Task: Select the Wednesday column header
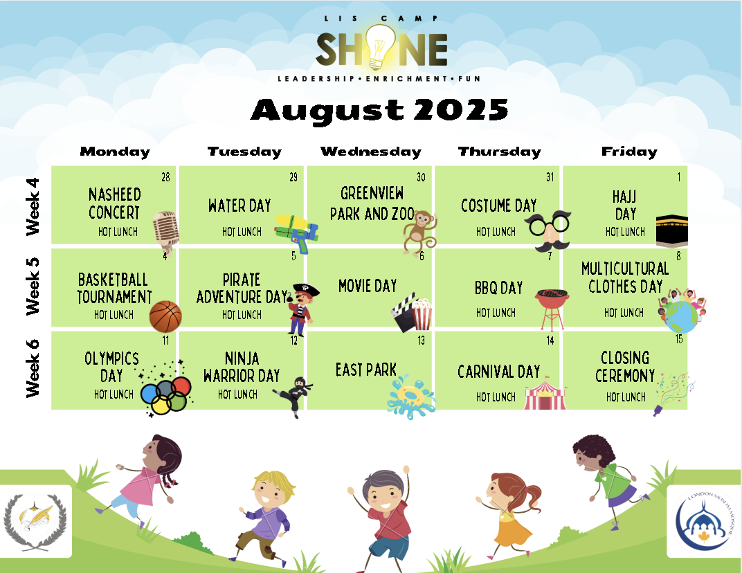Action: pyautogui.click(x=371, y=152)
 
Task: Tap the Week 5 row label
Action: pyautogui.click(x=32, y=287)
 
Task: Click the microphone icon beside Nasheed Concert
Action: pyautogui.click(x=166, y=231)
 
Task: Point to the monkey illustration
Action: pyautogui.click(x=419, y=232)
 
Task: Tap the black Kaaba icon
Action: pyautogui.click(x=671, y=230)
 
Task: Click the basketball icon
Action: pyautogui.click(x=165, y=316)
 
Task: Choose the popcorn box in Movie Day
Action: pyautogui.click(x=422, y=313)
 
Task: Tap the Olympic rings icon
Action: pyautogui.click(x=166, y=394)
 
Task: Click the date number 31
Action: pyautogui.click(x=550, y=177)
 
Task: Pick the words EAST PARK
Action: pyautogui.click(x=365, y=370)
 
